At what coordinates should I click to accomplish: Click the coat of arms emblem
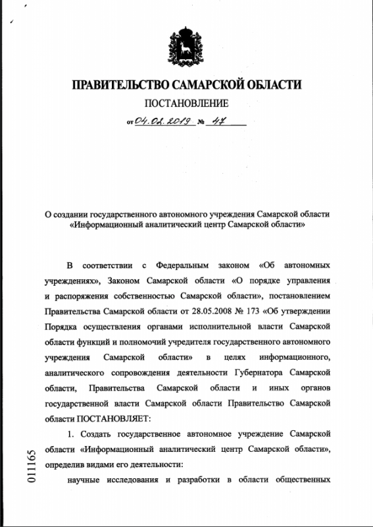click(x=186, y=47)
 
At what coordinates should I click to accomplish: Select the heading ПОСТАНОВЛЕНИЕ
click(x=186, y=104)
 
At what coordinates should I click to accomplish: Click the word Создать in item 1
click(x=96, y=433)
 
